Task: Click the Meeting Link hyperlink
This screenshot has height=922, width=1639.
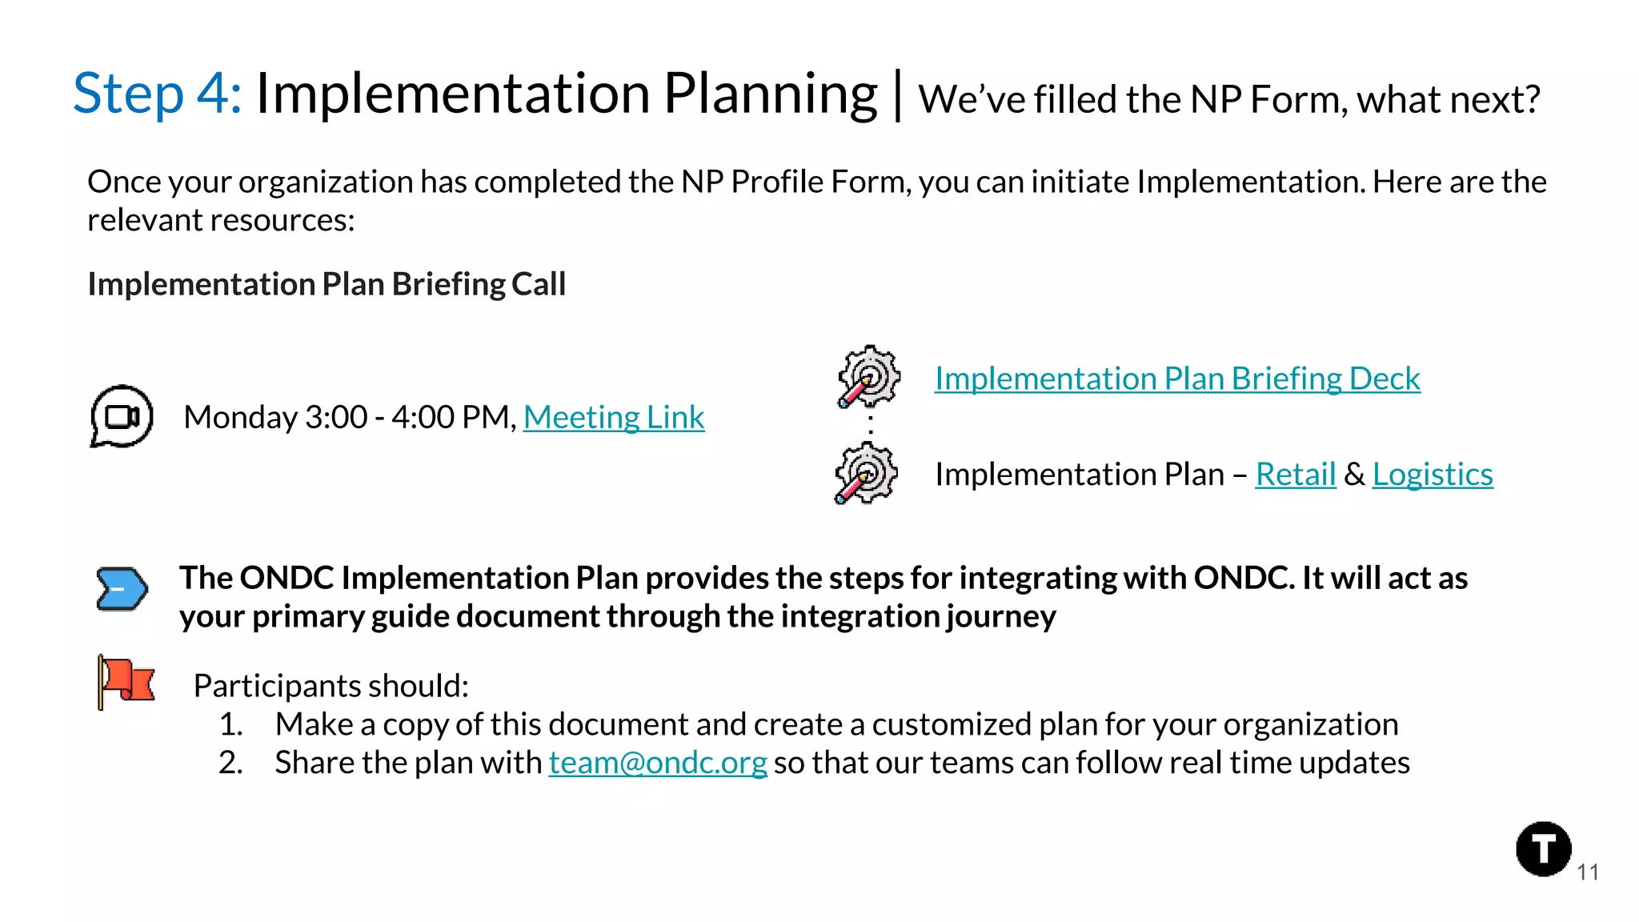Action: click(x=614, y=418)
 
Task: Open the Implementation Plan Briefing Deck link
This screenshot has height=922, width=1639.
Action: click(x=1177, y=379)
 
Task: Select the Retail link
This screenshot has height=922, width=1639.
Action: click(x=1295, y=475)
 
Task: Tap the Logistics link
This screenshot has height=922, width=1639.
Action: click(x=1433, y=475)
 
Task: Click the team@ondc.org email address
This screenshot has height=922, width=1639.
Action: click(x=657, y=763)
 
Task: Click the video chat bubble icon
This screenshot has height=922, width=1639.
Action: click(x=122, y=416)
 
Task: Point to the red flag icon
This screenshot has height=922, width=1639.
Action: click(x=126, y=681)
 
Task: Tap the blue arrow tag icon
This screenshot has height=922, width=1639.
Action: click(x=122, y=590)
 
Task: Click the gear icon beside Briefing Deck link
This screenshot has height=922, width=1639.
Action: click(x=868, y=376)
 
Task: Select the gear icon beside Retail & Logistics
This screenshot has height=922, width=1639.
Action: click(x=866, y=473)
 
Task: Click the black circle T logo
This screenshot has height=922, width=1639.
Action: click(x=1543, y=849)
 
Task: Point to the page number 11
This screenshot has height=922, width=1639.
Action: click(x=1588, y=872)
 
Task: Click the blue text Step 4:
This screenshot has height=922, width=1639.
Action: click(x=158, y=94)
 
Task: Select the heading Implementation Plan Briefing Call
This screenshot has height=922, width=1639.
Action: click(x=327, y=285)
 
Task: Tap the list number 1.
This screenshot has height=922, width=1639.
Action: click(x=230, y=725)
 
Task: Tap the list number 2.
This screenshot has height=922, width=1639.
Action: click(x=230, y=764)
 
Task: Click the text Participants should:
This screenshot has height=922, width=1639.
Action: click(x=331, y=687)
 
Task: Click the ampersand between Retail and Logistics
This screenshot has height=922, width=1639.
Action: click(x=1354, y=475)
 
